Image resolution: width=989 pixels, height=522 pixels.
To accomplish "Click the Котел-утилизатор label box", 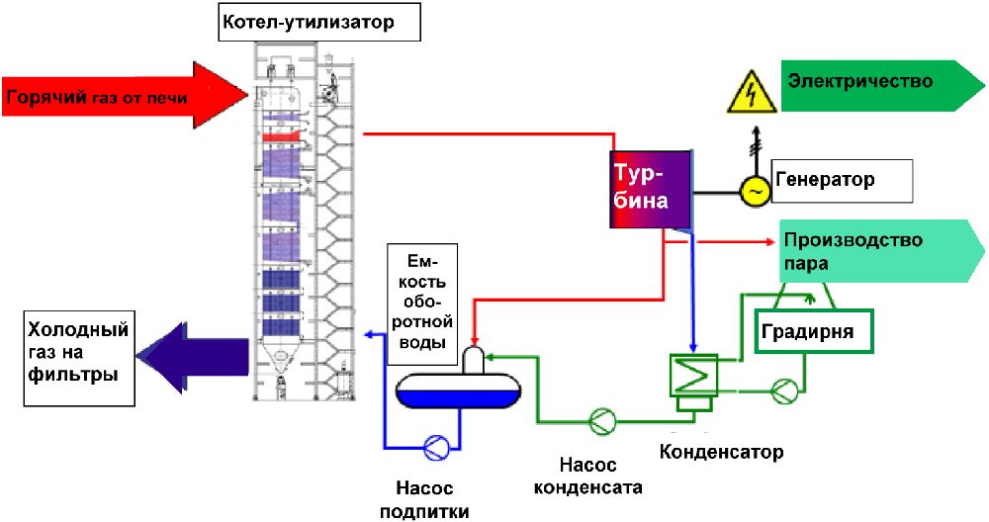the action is (319, 22).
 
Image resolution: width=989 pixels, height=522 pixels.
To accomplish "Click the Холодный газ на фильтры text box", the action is (79, 357).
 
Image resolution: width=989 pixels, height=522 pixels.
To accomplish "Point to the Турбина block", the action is (650, 189).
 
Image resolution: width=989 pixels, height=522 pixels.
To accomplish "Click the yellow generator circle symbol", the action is (755, 191).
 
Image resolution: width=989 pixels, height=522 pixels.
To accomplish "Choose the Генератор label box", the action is (842, 180).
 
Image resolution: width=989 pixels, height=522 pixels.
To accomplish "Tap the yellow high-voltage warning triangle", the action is (751, 92).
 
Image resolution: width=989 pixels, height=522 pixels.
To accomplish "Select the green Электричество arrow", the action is (882, 86).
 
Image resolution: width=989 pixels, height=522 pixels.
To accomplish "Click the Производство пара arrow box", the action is (881, 251).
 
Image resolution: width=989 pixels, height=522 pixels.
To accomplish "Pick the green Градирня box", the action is (814, 330).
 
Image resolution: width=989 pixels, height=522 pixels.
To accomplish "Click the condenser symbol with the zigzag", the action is (693, 377).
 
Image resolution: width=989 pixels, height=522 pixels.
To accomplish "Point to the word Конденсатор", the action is (721, 452).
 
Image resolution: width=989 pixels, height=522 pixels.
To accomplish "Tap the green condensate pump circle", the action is (602, 420).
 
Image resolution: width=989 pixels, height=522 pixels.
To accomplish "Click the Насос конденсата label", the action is (587, 476).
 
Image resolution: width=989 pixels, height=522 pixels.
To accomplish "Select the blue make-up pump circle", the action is (436, 447).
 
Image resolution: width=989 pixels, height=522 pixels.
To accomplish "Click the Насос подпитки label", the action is (424, 499).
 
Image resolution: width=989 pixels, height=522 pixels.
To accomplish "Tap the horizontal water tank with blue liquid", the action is (459, 388).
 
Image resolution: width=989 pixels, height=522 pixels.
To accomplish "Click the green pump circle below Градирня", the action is (785, 391).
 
